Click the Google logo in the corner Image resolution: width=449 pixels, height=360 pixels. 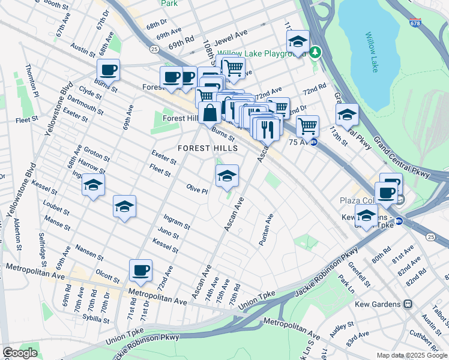tap(19, 353)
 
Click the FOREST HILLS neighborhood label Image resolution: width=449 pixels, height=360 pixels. tap(207, 148)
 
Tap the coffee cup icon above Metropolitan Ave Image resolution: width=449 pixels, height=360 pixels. tap(140, 271)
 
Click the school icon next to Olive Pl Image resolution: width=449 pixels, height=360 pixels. tap(227, 176)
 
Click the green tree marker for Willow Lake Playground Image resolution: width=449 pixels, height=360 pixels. tap(315, 53)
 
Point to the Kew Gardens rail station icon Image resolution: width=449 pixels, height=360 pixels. tap(408, 304)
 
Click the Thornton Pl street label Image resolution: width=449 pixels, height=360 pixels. tap(32, 81)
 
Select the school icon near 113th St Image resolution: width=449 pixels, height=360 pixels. tap(347, 115)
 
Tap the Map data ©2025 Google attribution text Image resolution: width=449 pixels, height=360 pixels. tap(411, 355)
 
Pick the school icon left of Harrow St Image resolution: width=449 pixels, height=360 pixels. tap(94, 185)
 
